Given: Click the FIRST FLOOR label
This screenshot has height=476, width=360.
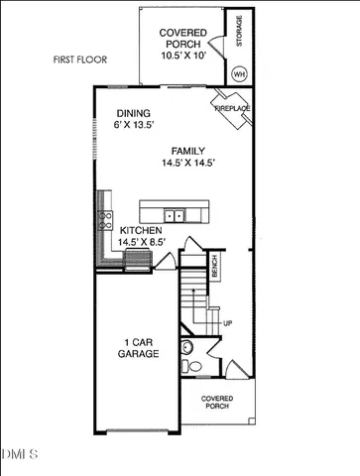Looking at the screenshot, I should click(79, 60).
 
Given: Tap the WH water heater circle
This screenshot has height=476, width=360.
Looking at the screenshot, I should click(239, 73).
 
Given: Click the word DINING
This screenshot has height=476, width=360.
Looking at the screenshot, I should click(133, 113).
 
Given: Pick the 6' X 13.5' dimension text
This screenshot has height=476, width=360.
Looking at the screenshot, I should click(136, 126).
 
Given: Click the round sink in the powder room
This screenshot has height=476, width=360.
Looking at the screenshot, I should click(184, 346).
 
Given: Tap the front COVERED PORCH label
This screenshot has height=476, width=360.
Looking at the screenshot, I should click(216, 401).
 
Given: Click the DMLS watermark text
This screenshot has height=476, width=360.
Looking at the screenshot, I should click(20, 455).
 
